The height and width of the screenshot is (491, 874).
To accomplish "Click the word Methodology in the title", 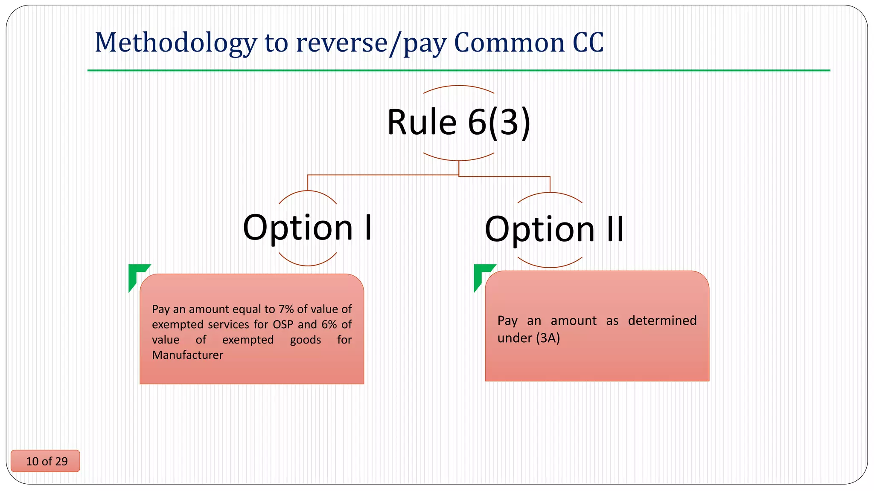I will pos(175,43).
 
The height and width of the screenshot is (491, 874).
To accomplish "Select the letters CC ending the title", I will pos(588,43).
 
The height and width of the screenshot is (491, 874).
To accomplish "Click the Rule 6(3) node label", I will pos(458,122).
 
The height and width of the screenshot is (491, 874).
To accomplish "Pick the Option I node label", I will pos(307,228).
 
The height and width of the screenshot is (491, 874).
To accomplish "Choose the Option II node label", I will pos(554,229).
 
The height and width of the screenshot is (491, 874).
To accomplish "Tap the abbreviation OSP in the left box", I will pos(283,324).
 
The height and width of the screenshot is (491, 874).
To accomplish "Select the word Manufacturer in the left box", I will pos(187,355).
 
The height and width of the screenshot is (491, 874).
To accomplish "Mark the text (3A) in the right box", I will pos(548,338).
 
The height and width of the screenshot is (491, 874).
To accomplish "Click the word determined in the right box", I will pos(662,321).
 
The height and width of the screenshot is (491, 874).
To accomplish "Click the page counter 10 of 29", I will pos(47,461).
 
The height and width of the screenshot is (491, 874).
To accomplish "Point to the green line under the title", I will pos(458,70).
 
